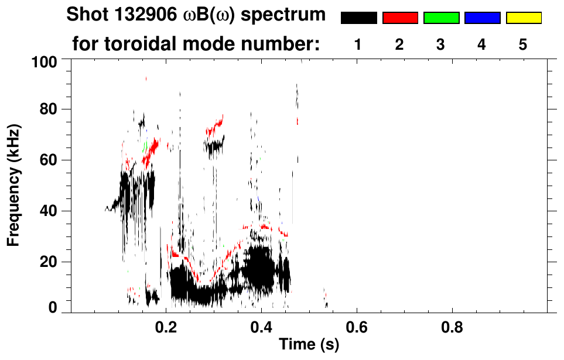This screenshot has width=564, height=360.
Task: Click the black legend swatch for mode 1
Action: pyautogui.click(x=358, y=18)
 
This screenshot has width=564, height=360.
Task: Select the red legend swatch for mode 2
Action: pyautogui.click(x=400, y=18)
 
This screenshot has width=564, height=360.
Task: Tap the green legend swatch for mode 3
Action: pyautogui.click(x=441, y=18)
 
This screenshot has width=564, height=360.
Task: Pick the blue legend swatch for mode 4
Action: pyautogui.click(x=482, y=18)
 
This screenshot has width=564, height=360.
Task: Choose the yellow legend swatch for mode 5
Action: pyautogui.click(x=523, y=18)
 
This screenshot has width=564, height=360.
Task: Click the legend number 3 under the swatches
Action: pyautogui.click(x=441, y=45)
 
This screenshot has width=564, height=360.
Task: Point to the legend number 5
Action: pyautogui.click(x=523, y=45)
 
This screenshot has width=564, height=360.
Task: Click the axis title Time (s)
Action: pyautogui.click(x=308, y=345)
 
